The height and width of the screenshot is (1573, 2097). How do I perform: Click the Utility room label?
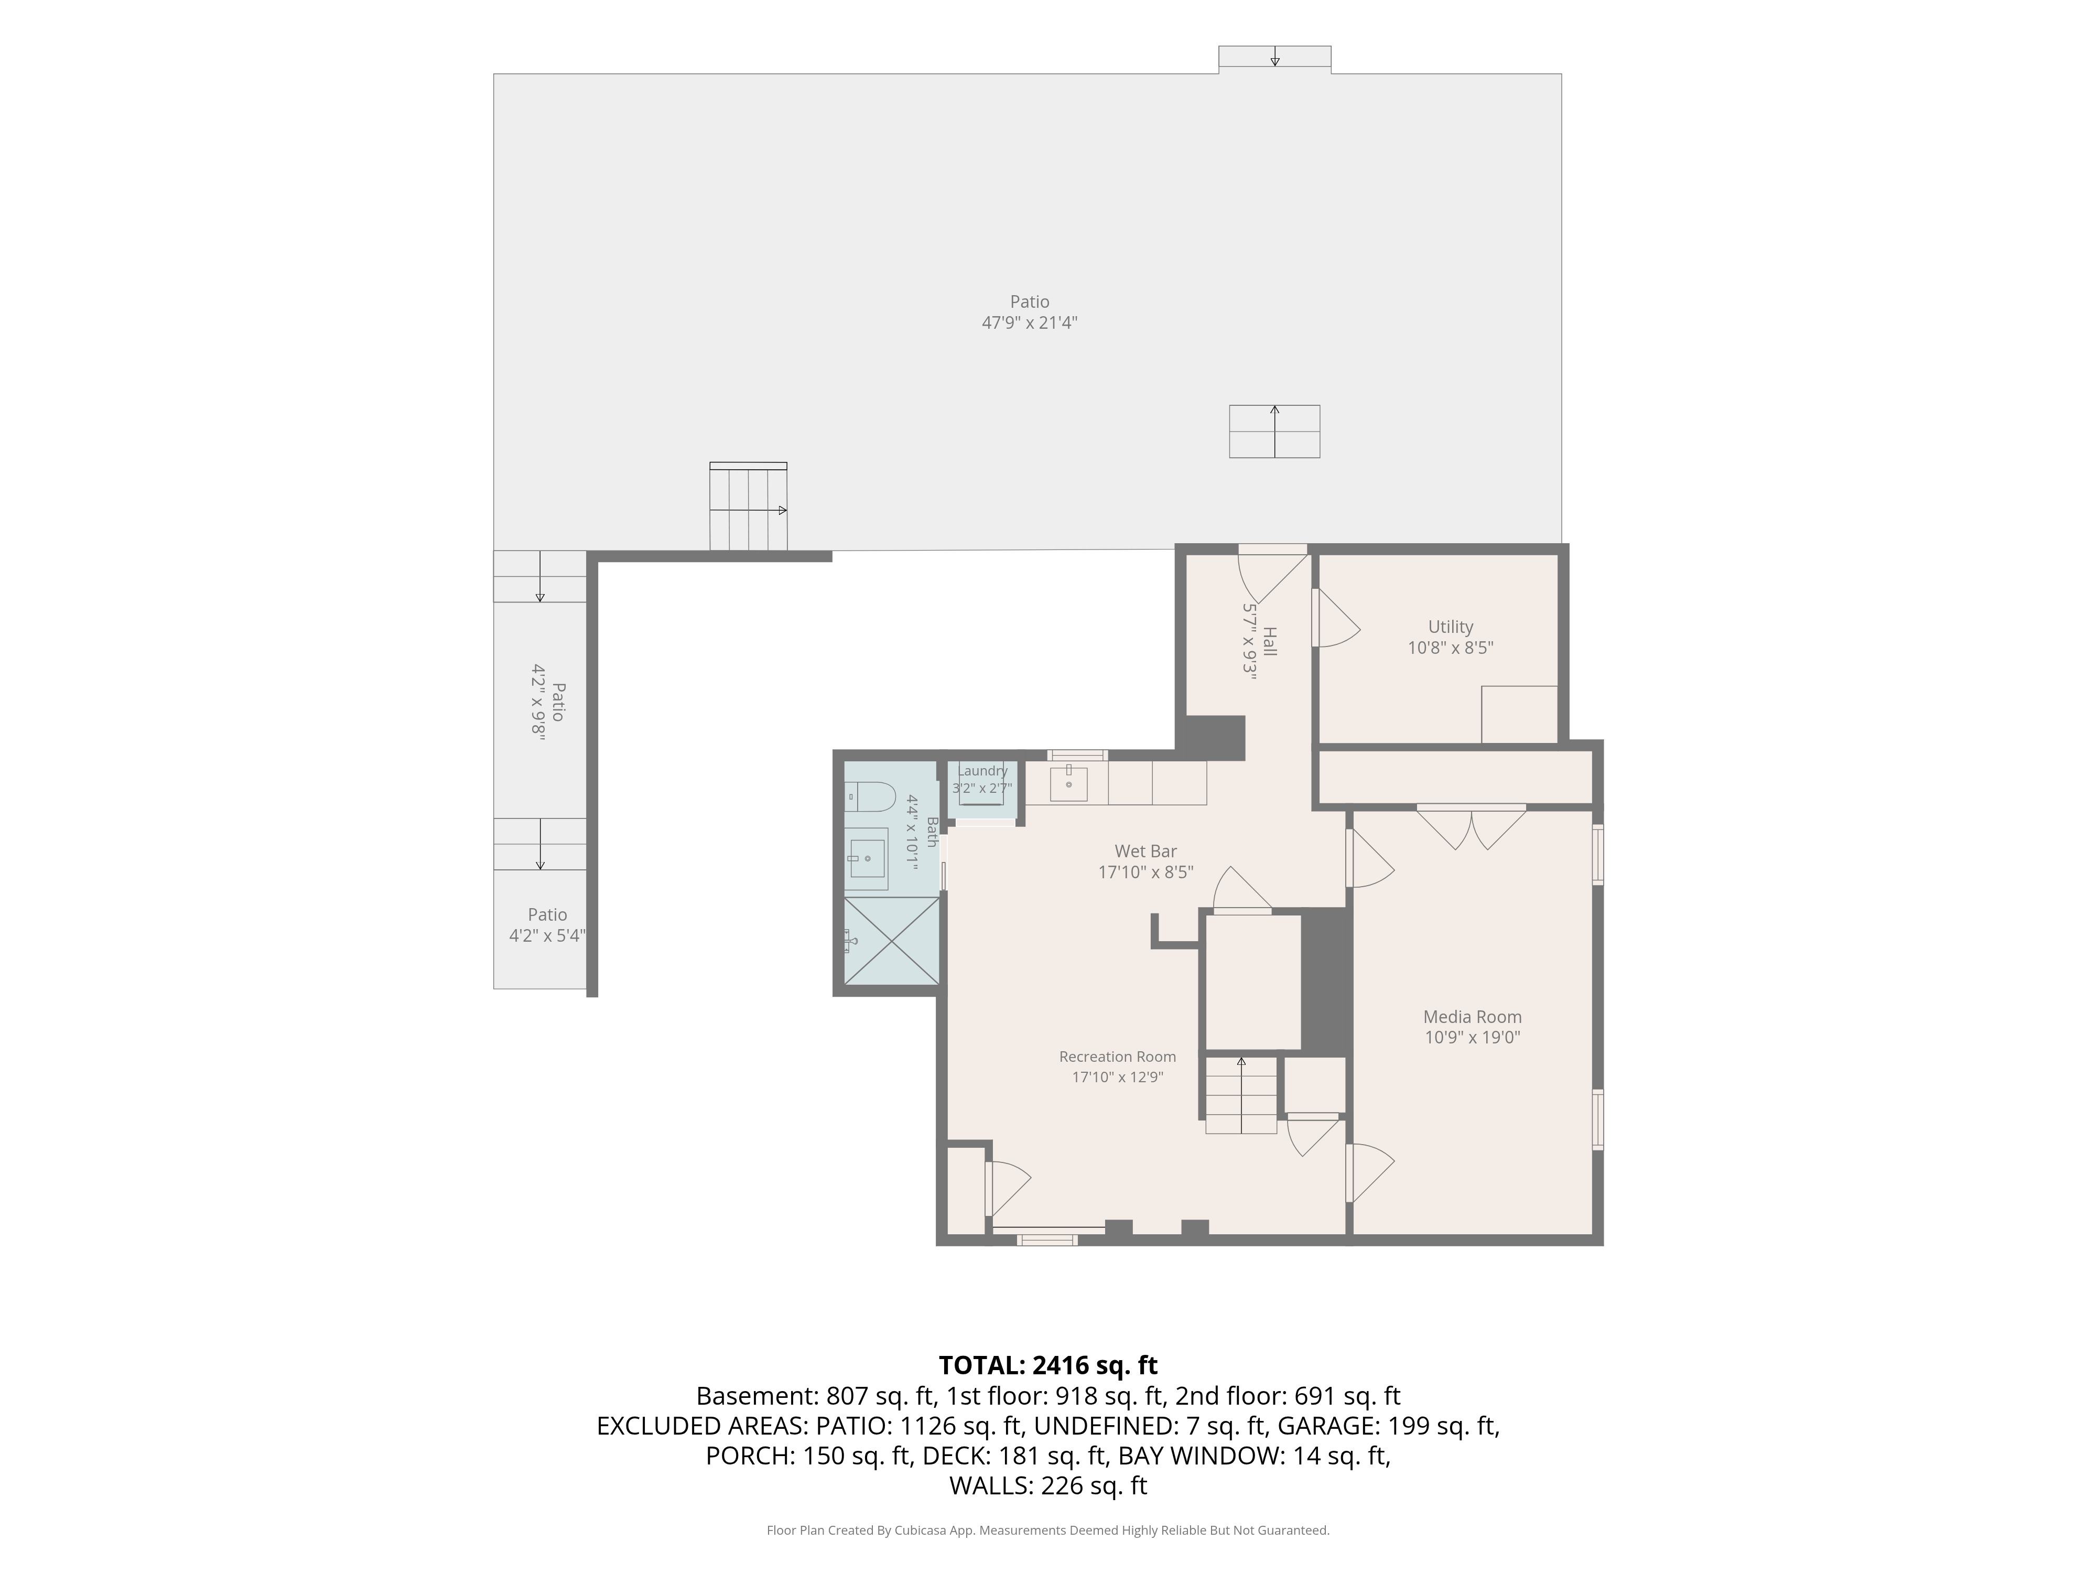[x=1451, y=627]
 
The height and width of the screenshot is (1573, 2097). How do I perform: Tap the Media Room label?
[x=1472, y=1017]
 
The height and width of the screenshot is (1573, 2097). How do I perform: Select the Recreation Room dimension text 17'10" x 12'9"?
[x=1118, y=1077]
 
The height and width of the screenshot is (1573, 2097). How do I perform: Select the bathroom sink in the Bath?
[x=866, y=859]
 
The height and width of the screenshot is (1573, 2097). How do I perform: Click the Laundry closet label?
[x=982, y=771]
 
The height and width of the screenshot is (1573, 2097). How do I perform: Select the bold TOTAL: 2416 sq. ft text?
[x=1047, y=1365]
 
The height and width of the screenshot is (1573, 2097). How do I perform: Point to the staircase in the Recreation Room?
[x=1241, y=1095]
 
